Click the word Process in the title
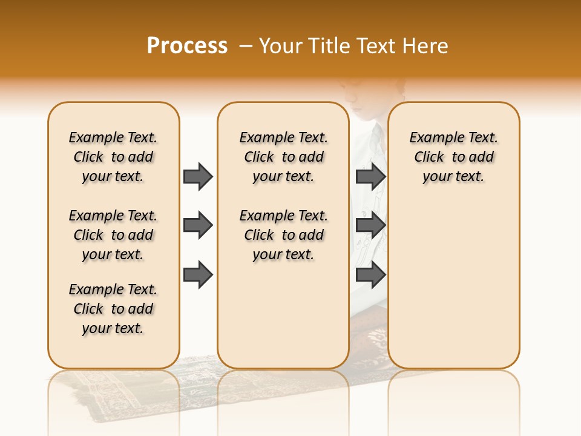[x=187, y=45]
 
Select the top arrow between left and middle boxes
[x=198, y=176]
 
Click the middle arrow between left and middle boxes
[x=198, y=225]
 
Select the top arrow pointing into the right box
[x=370, y=176]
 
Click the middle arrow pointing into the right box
[x=370, y=225]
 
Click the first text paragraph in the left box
[x=113, y=157]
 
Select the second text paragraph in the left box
[x=113, y=235]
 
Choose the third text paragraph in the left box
[x=113, y=309]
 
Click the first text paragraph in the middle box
[x=283, y=157]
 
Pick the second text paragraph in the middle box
[x=283, y=235]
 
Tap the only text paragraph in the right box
[x=454, y=157]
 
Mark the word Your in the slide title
[x=281, y=46]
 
